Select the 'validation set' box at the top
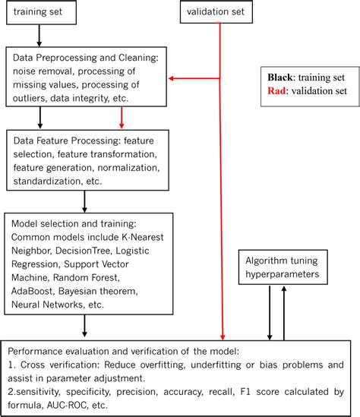click(220, 13)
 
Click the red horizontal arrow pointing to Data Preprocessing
click(194, 77)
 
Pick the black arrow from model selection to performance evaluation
click(84, 326)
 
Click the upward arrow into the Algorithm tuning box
click(285, 314)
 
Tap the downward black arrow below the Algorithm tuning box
click(269, 314)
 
